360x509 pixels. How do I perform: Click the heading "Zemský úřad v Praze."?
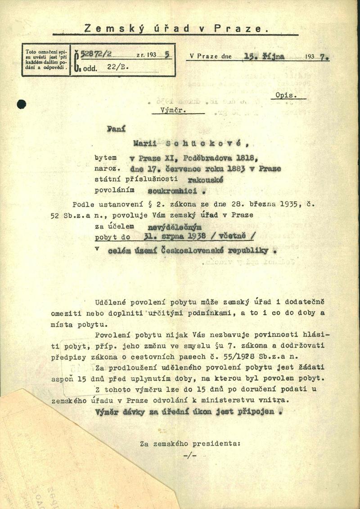pos(175,28)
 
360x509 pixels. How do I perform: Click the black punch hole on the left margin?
pos(21,105)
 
